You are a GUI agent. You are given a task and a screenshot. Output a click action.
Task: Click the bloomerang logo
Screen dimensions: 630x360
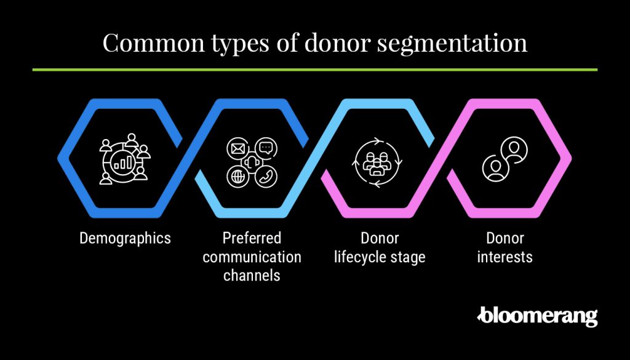click(x=537, y=317)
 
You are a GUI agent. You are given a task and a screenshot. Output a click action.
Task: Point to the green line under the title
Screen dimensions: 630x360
click(x=314, y=70)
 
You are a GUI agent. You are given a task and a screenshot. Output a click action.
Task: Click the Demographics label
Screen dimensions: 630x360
click(x=125, y=239)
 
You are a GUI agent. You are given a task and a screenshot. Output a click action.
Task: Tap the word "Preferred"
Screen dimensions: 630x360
click(x=252, y=238)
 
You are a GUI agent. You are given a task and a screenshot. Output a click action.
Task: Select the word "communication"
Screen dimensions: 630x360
click(x=252, y=257)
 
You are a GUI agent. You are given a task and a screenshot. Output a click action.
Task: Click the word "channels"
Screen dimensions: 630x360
click(x=252, y=276)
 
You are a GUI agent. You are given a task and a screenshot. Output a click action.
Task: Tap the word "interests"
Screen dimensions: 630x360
click(x=504, y=257)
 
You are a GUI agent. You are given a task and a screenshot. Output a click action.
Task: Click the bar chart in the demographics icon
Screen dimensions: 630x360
click(x=123, y=163)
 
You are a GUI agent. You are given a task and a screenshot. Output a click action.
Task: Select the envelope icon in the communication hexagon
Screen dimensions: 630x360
click(x=238, y=149)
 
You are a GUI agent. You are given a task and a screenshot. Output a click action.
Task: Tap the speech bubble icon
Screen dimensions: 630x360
click(x=266, y=148)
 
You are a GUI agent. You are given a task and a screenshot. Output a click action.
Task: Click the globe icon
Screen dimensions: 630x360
click(x=237, y=177)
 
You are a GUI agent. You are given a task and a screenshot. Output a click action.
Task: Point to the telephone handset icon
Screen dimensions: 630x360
click(x=266, y=177)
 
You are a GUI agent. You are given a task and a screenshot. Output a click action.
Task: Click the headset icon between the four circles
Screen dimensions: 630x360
click(x=252, y=162)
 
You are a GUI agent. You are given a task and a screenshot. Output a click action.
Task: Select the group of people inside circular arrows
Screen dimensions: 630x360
click(x=377, y=162)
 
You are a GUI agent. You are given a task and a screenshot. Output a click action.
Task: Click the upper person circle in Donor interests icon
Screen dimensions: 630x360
click(x=514, y=150)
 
